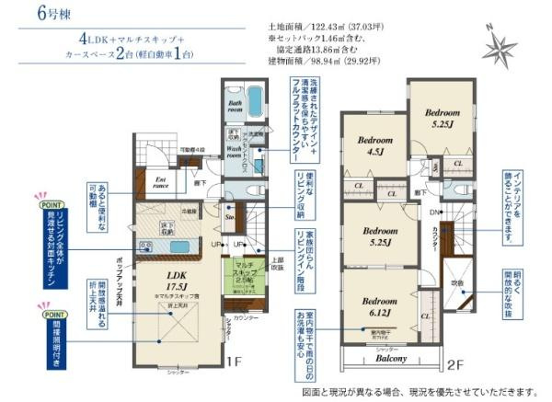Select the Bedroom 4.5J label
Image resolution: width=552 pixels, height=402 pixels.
click(375, 147)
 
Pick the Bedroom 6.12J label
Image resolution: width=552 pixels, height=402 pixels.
click(379, 307)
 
